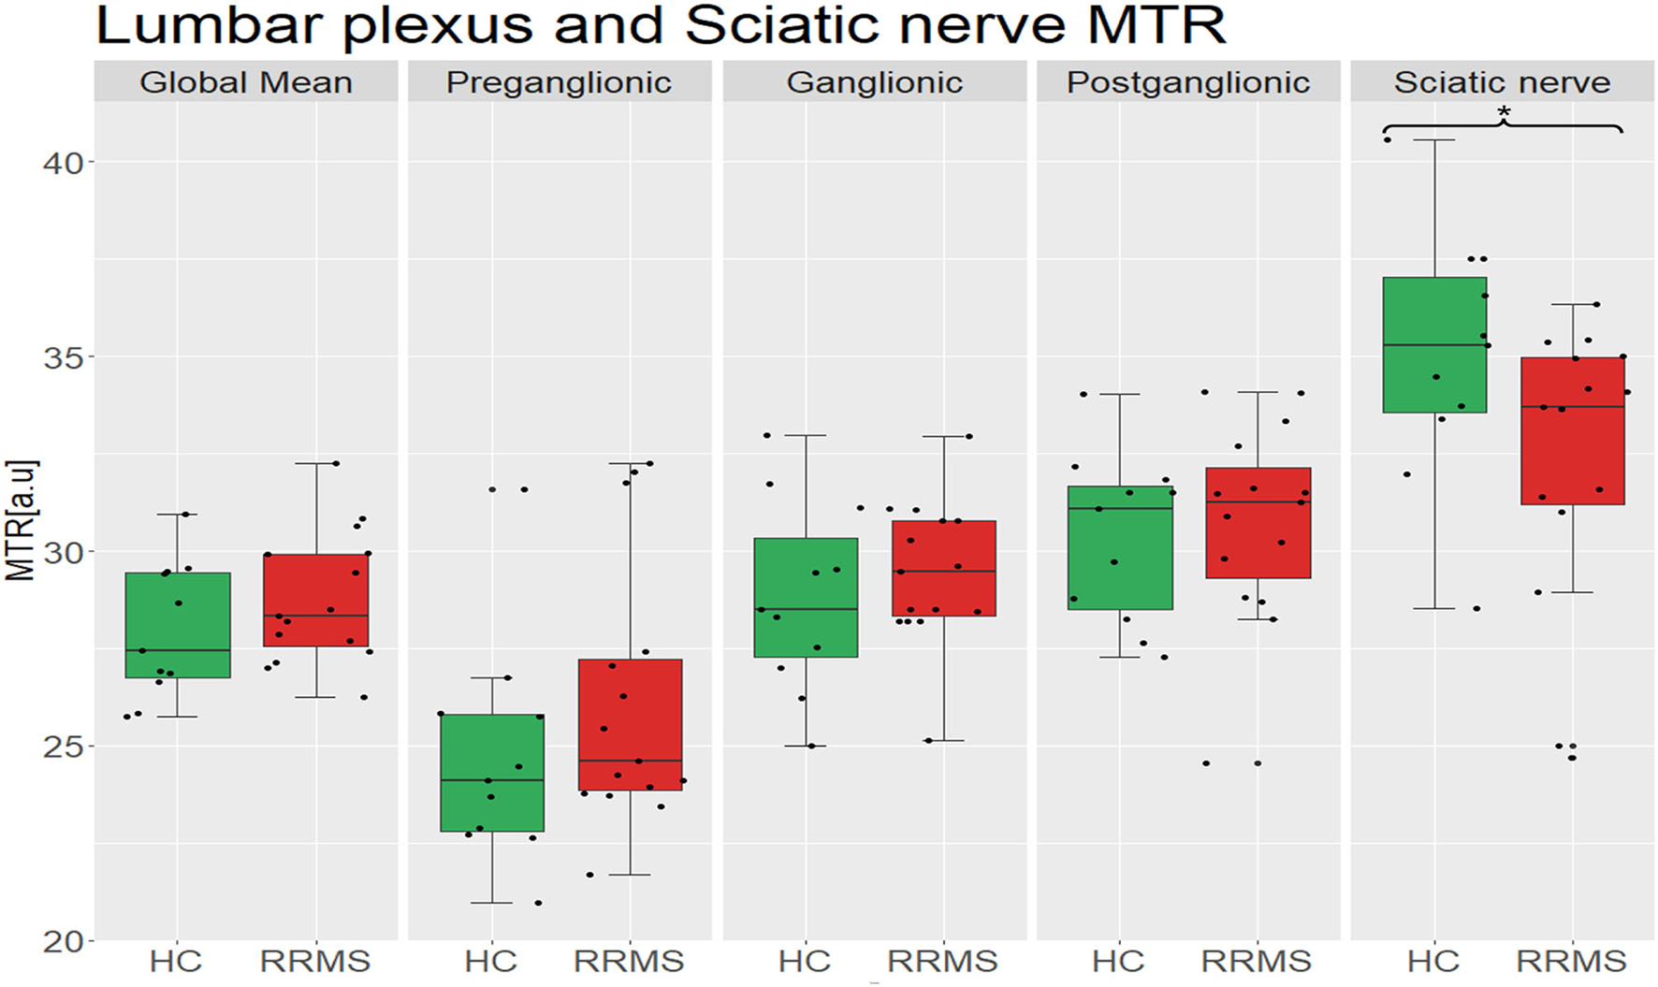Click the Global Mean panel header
tap(246, 82)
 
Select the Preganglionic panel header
tap(559, 82)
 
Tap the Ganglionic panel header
tap(874, 82)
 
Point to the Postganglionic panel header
tap(1188, 82)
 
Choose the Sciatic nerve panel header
tap(1502, 82)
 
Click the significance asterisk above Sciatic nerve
tap(1504, 113)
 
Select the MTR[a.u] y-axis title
tap(21, 520)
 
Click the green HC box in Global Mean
tap(178, 625)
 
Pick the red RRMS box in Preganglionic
tap(630, 724)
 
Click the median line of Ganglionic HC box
tap(806, 609)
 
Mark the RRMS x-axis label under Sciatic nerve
tap(1571, 961)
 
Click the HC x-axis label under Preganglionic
tap(490, 961)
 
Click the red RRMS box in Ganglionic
tap(943, 568)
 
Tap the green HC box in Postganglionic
tap(1120, 547)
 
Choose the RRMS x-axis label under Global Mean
tap(315, 961)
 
